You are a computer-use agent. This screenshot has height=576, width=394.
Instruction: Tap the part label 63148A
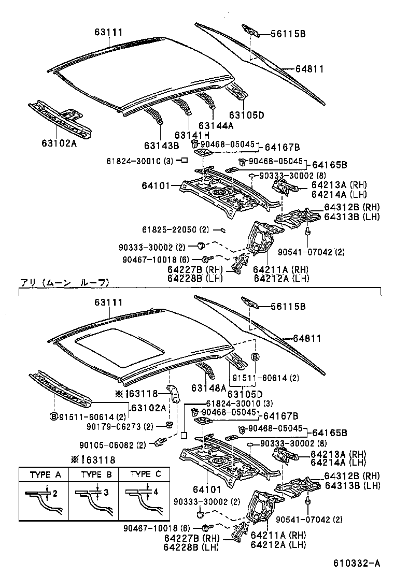208,387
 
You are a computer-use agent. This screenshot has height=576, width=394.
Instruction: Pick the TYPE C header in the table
144,474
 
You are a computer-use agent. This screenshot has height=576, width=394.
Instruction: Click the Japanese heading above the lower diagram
65,283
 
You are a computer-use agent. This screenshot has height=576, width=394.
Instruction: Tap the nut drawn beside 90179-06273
169,425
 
